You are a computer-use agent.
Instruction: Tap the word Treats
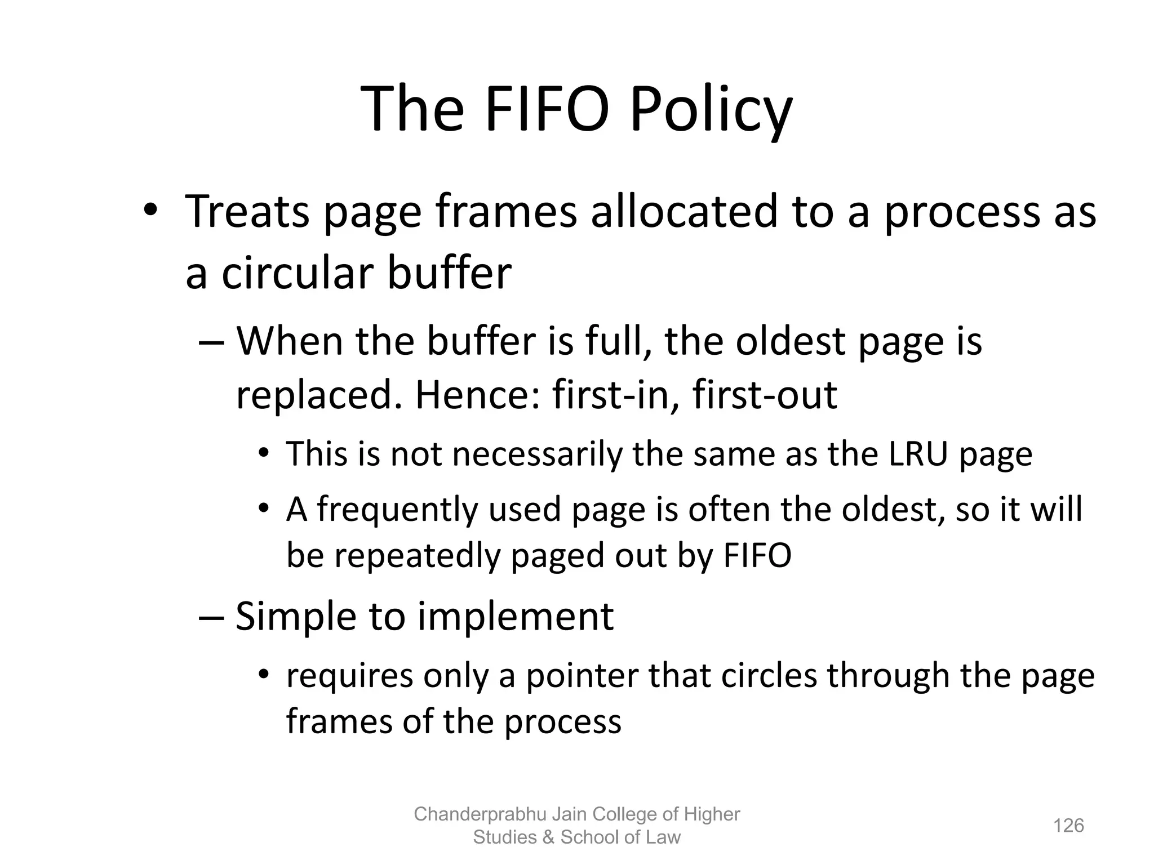(247, 212)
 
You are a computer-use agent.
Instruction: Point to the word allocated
(683, 212)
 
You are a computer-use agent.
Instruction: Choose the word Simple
(296, 617)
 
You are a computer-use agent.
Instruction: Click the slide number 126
(1068, 826)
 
